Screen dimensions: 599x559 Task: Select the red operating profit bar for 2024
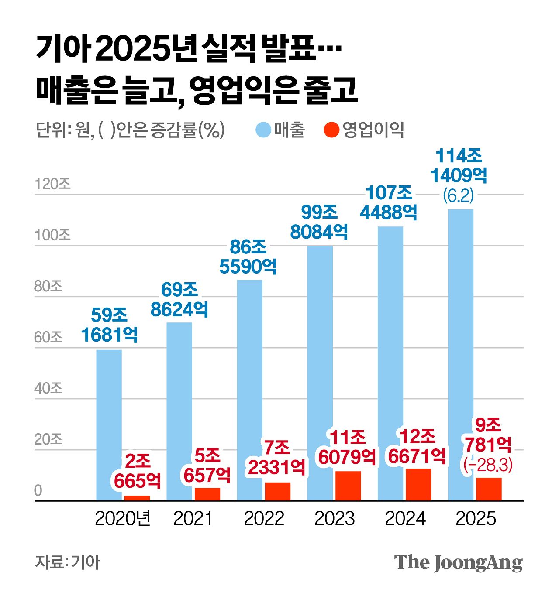pyautogui.click(x=418, y=484)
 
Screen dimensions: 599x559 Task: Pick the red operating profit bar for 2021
pyautogui.click(x=207, y=494)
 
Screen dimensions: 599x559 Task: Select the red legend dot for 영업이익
pyautogui.click(x=331, y=130)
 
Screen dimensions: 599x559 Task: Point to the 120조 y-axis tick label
pyautogui.click(x=52, y=184)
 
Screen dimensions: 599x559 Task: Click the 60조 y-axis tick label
pyautogui.click(x=48, y=337)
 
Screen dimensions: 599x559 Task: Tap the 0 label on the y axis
pyautogui.click(x=38, y=491)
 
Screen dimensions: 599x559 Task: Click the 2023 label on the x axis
pyautogui.click(x=335, y=519)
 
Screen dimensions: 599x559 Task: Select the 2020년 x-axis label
pyautogui.click(x=122, y=519)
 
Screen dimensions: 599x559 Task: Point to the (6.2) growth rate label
pyautogui.click(x=458, y=196)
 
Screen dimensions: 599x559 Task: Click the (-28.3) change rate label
pyautogui.click(x=488, y=466)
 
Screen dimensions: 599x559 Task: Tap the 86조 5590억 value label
pyautogui.click(x=248, y=257)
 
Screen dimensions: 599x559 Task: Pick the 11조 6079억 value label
pyautogui.click(x=347, y=447)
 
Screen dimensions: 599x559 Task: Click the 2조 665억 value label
pyautogui.click(x=138, y=471)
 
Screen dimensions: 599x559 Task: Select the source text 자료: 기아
pyautogui.click(x=68, y=562)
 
